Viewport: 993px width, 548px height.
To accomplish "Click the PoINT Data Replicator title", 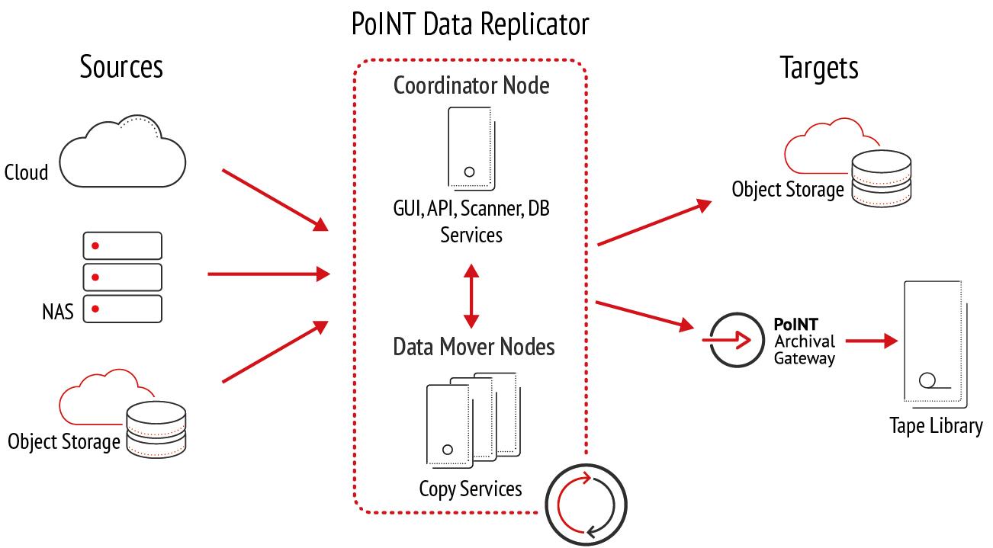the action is point(470,24).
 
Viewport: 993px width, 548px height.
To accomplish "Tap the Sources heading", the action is point(121,66).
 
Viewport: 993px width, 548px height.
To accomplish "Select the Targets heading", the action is point(819,68).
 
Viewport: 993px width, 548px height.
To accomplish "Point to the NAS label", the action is point(58,312).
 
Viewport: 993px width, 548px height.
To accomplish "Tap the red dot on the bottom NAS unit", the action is point(95,309).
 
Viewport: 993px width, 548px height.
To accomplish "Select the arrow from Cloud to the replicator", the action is point(275,200).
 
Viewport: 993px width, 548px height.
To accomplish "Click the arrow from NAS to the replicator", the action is point(268,274).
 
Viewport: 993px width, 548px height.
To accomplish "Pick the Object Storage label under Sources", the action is point(64,442).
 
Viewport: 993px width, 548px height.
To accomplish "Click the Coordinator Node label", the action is point(471,85).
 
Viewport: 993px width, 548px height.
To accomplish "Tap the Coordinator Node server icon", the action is point(471,149).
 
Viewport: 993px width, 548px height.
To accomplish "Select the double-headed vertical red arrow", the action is point(471,296).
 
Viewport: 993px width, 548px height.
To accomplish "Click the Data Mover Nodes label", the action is point(474,347).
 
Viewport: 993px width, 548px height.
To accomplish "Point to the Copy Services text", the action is point(471,489).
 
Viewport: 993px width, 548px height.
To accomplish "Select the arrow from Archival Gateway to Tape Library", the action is point(872,341).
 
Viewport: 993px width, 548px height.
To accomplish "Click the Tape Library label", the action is point(936,426).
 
